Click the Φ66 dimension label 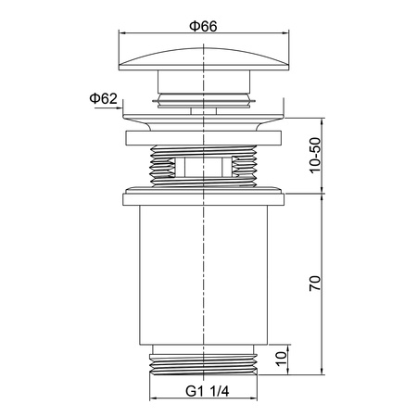tap(203, 26)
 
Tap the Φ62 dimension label tap(104, 98)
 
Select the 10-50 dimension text tap(315, 156)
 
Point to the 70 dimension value tap(315, 284)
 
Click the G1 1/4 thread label tap(208, 391)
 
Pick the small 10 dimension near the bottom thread tap(282, 359)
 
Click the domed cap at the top tap(204, 59)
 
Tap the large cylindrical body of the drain tap(204, 275)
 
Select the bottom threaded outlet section tap(203, 360)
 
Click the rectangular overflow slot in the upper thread tap(203, 167)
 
